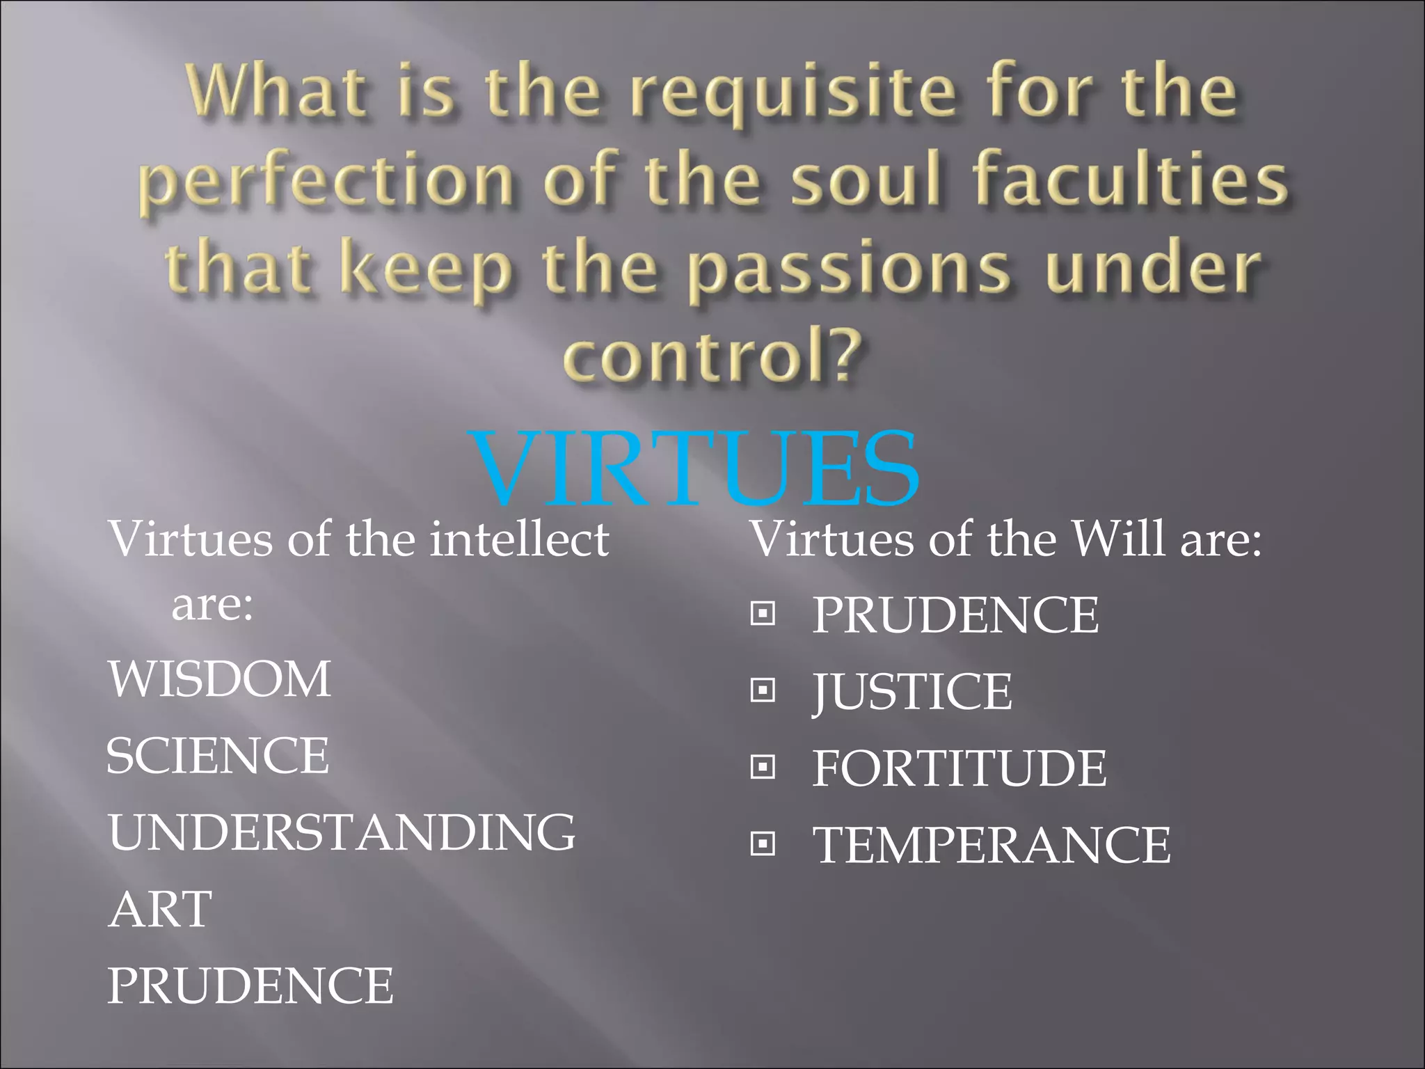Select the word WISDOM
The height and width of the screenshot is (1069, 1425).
pyautogui.click(x=220, y=679)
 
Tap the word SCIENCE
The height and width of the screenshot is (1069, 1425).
pyautogui.click(x=218, y=756)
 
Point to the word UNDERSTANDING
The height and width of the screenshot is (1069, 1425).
pyautogui.click(x=342, y=832)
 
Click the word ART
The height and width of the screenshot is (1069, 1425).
pyautogui.click(x=160, y=909)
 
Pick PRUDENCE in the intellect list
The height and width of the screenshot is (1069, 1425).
pyautogui.click(x=250, y=985)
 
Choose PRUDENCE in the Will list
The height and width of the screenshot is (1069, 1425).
pyautogui.click(x=955, y=615)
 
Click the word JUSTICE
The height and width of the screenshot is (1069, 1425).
pyautogui.click(x=912, y=692)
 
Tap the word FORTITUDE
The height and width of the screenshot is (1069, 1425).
pyautogui.click(x=960, y=768)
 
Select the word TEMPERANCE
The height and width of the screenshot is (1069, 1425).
pyautogui.click(x=992, y=845)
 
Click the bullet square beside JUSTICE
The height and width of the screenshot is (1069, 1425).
pyautogui.click(x=763, y=690)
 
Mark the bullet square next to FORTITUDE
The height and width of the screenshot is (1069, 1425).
pyautogui.click(x=763, y=767)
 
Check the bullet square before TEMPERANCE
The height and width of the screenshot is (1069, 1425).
pyautogui.click(x=763, y=844)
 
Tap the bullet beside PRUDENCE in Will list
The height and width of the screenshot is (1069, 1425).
pyautogui.click(x=763, y=614)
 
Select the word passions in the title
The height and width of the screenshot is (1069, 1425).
pyautogui.click(x=849, y=271)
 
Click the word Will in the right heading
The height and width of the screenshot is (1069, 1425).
pyautogui.click(x=1117, y=539)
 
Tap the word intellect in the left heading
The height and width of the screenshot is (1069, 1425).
pyautogui.click(x=518, y=539)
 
